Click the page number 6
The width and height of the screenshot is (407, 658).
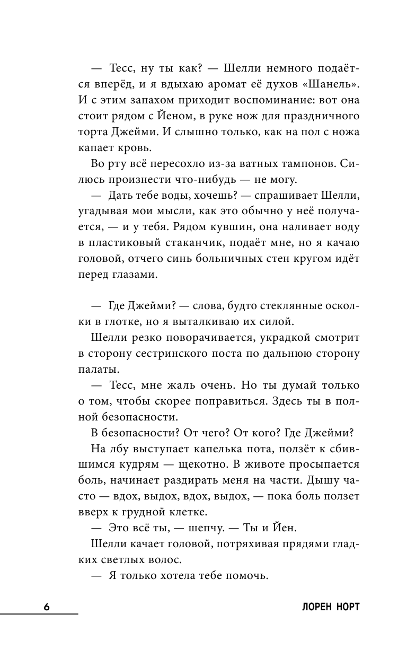point(47,607)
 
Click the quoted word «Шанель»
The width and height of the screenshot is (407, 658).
point(333,85)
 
